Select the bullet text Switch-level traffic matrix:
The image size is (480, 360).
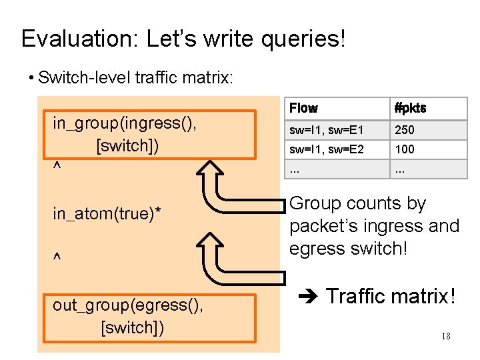pos(136,79)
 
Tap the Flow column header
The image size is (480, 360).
pos(303,108)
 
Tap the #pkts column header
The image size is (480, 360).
pos(410,108)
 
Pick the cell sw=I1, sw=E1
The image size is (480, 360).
pos(326,130)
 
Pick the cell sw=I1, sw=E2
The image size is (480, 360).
pos(326,149)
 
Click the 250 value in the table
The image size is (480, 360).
pos(405,130)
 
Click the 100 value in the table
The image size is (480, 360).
pos(405,149)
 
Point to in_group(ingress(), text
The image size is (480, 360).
pos(127,124)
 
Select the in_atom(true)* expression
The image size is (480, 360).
pos(107,214)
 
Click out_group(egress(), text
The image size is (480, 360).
pos(128,305)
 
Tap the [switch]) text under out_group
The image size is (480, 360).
pos(132,327)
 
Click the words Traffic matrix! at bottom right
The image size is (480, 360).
pos(391,295)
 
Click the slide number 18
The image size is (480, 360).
pos(445,336)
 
